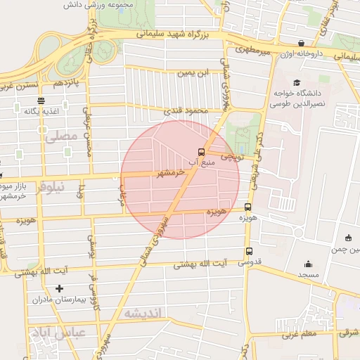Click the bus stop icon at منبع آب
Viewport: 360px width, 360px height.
click(x=202, y=152)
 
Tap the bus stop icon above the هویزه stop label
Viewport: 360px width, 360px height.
click(x=247, y=207)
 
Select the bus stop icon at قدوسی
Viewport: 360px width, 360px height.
click(x=249, y=251)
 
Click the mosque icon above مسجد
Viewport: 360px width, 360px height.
click(x=308, y=264)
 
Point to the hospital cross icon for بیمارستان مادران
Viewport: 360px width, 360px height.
click(x=59, y=288)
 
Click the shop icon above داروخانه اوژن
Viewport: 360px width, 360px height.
click(x=302, y=44)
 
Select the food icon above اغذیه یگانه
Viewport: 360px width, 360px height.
click(x=40, y=101)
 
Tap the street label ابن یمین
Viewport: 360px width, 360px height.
click(x=193, y=72)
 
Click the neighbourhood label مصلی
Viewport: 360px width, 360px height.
click(x=59, y=137)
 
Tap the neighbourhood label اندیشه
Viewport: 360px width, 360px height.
click(x=143, y=312)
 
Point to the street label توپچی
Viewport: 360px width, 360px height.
click(x=232, y=157)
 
